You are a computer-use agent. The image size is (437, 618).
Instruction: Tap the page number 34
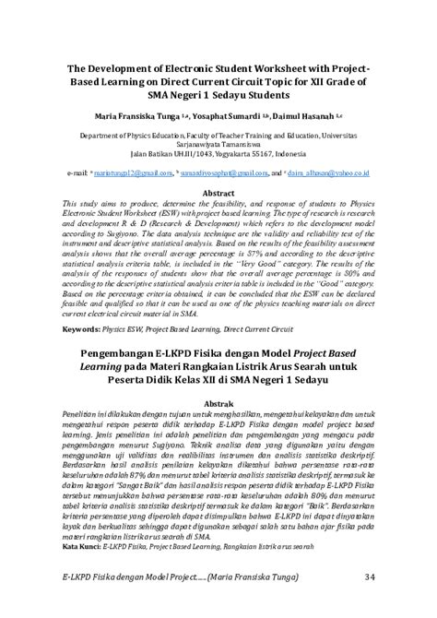(370, 577)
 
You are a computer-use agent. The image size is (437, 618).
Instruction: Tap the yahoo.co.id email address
(337, 172)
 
